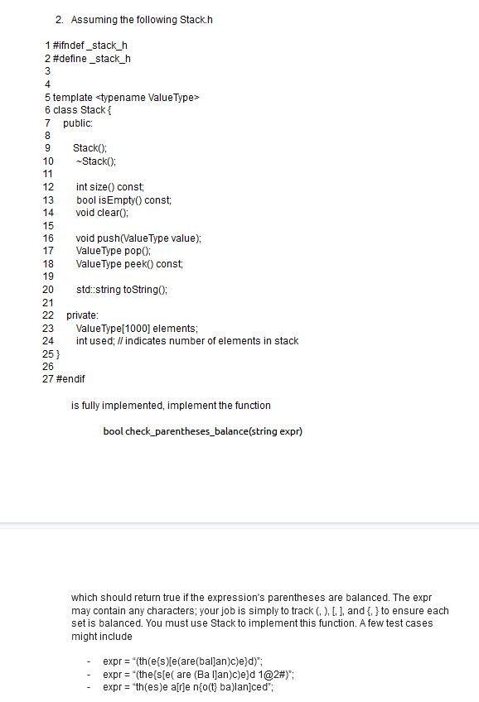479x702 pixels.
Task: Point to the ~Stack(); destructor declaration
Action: click(x=94, y=161)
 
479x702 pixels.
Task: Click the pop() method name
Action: click(x=138, y=250)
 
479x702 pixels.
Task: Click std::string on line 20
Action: click(x=98, y=289)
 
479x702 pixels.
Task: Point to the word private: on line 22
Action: click(x=82, y=315)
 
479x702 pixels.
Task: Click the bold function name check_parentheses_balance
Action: click(x=179, y=431)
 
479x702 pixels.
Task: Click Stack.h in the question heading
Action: click(x=197, y=19)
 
